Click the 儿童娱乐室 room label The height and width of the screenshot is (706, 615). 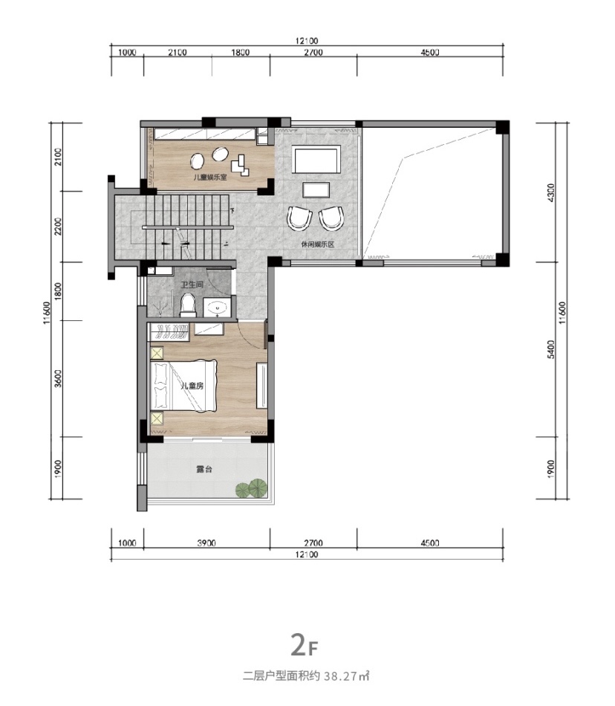pyautogui.click(x=210, y=178)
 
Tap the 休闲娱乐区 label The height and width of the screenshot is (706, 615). pyautogui.click(x=318, y=244)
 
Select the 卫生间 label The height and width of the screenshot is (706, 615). pyautogui.click(x=192, y=285)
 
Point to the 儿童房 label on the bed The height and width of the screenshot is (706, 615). pyautogui.click(x=192, y=386)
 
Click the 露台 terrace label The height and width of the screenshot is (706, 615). pyautogui.click(x=204, y=469)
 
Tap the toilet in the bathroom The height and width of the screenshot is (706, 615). pyautogui.click(x=187, y=305)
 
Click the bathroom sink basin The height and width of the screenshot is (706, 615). pyautogui.click(x=218, y=308)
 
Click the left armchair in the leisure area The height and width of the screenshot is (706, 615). pyautogui.click(x=299, y=218)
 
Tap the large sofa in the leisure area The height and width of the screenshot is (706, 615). pyautogui.click(x=316, y=160)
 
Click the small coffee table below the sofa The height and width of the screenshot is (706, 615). pyautogui.click(x=316, y=190)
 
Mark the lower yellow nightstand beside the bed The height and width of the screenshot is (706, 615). pyautogui.click(x=157, y=419)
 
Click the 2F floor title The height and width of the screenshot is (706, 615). pyautogui.click(x=305, y=645)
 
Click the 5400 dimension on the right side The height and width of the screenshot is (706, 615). pyautogui.click(x=552, y=349)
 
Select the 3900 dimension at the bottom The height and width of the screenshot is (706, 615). pyautogui.click(x=206, y=543)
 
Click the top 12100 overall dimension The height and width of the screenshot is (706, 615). pyautogui.click(x=307, y=41)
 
